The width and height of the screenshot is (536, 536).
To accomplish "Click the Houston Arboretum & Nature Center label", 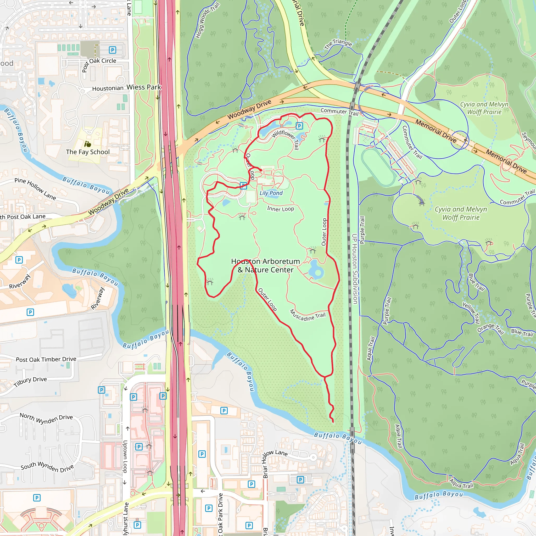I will tap(265, 265).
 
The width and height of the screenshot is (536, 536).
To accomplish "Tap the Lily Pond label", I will tap(271, 193).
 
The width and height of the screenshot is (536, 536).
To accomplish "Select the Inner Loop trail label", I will tap(281, 209).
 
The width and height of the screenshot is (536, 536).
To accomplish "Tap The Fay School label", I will tap(88, 152).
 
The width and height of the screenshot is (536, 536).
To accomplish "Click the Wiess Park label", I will tap(144, 87).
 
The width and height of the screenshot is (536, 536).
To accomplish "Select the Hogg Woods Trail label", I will tap(207, 20).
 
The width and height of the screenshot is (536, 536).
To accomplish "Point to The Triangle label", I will tap(338, 43).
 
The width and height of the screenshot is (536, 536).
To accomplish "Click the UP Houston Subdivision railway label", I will tap(355, 269).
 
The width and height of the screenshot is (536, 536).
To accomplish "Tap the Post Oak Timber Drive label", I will tap(46, 359).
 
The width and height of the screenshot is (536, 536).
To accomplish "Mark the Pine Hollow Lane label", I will tap(35, 189).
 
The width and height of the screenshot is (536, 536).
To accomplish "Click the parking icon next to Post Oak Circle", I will tap(112, 50).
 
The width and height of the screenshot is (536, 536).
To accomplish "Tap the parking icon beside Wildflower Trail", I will tap(299, 126).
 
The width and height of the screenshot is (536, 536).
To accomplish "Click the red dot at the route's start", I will tap(260, 170).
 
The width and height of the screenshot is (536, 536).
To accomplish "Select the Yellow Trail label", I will tap(471, 313).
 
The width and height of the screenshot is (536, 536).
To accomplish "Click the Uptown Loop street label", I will tap(125, 457).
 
